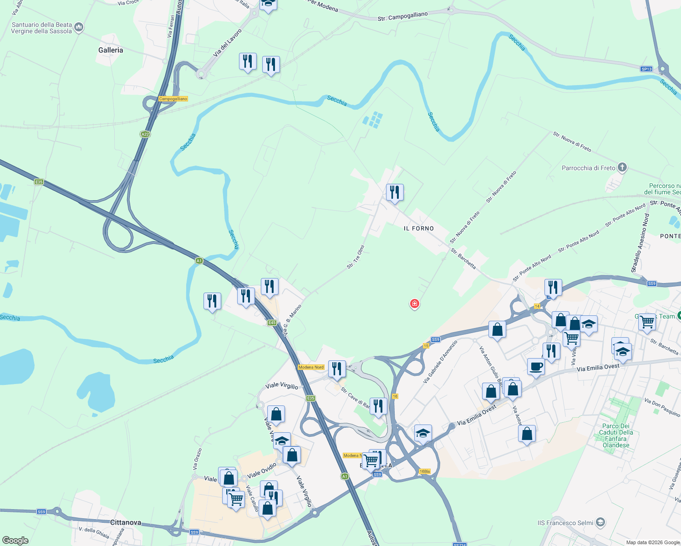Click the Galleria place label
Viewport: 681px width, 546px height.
click(111, 50)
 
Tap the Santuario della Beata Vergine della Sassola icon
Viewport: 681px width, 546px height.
click(79, 28)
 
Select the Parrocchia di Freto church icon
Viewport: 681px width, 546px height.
click(622, 168)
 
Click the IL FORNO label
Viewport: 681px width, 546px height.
click(419, 228)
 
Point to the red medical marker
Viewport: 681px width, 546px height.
click(414, 303)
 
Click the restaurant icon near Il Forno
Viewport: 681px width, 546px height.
click(395, 192)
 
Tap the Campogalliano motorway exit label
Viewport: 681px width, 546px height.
click(173, 99)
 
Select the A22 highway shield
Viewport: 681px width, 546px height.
click(145, 134)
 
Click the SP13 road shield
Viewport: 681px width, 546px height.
click(646, 69)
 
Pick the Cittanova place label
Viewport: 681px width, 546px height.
click(126, 522)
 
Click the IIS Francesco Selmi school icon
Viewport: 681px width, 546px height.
click(600, 522)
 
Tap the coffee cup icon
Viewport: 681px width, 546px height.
click(536, 367)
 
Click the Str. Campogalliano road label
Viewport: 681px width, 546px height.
click(402, 17)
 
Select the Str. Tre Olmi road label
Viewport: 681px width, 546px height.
click(356, 257)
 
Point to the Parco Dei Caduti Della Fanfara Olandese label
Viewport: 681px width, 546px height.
click(616, 435)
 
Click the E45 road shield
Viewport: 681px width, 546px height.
click(272, 323)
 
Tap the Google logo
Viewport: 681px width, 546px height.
click(15, 541)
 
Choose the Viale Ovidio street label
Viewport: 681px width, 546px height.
click(262, 470)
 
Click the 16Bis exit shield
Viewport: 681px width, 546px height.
click(424, 471)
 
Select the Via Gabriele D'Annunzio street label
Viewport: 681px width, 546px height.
click(440, 361)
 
